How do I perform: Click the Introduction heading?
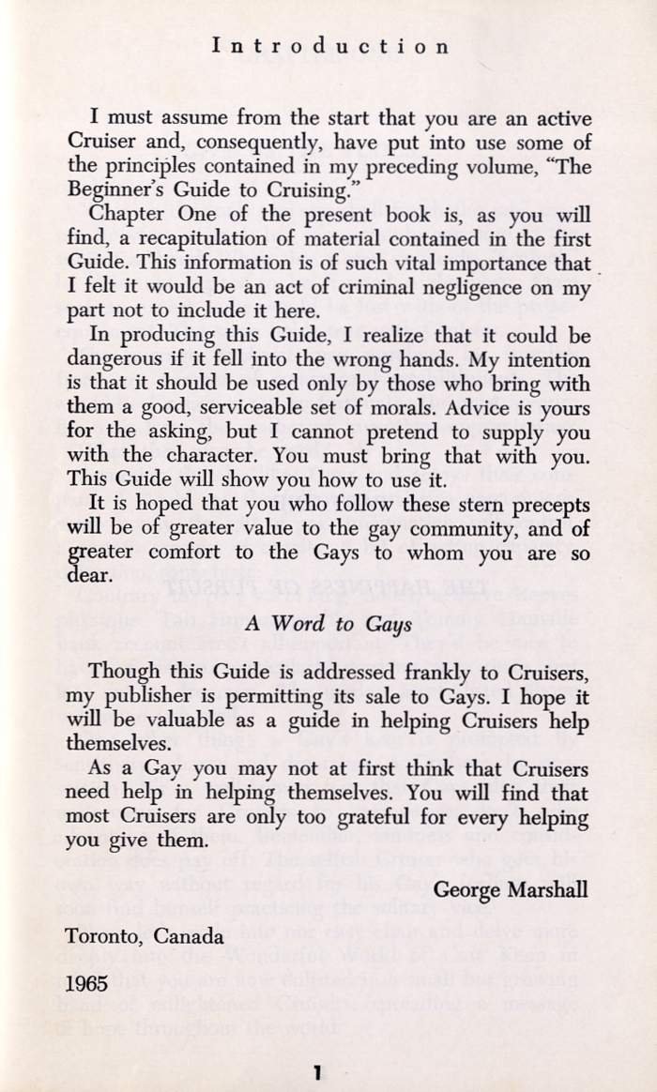(x=330, y=45)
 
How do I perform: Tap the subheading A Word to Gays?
(x=328, y=621)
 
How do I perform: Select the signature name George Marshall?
(x=512, y=888)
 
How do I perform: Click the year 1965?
(x=86, y=984)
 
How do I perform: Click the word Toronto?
(x=102, y=935)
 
